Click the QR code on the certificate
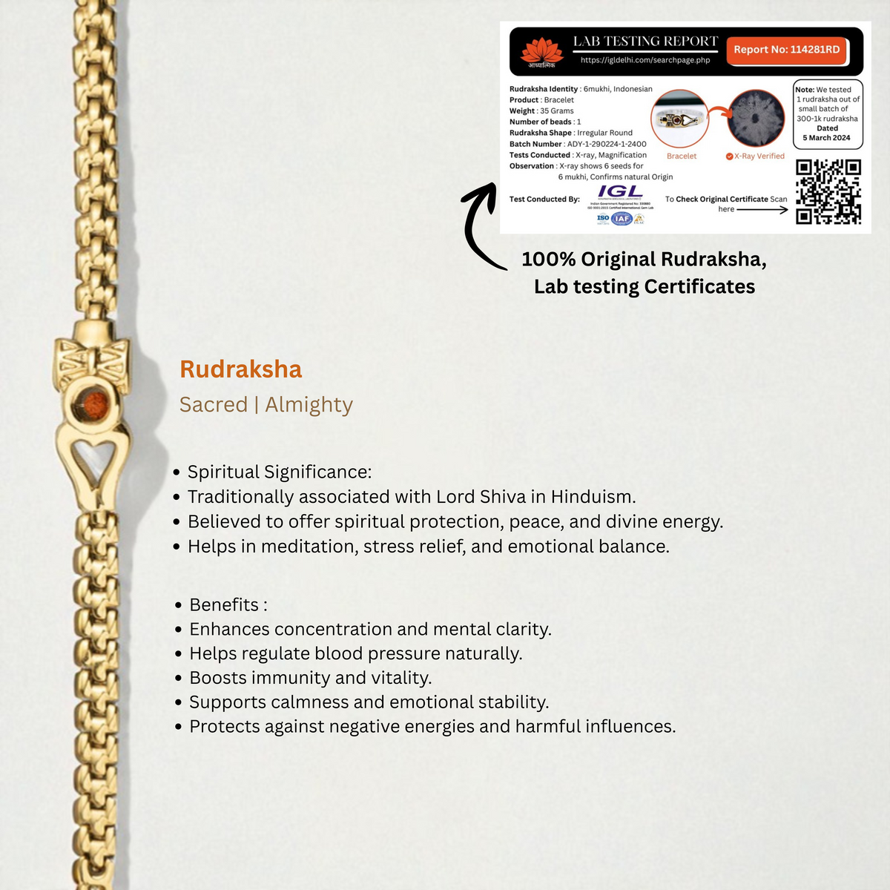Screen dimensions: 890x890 point(828,191)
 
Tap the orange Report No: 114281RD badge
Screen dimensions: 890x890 point(786,50)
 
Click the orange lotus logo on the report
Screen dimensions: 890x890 point(541,51)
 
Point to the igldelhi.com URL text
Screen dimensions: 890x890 point(645,60)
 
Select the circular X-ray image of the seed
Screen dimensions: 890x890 point(756,119)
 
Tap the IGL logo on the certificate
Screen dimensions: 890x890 point(620,192)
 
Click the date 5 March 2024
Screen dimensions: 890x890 point(826,138)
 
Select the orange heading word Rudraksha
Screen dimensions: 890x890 point(240,369)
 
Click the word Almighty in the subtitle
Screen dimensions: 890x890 point(309,405)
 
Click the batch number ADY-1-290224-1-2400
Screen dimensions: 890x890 point(607,144)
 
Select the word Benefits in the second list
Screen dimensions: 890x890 point(224,604)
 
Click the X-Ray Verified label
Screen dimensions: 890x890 point(759,156)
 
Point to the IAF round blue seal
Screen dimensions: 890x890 point(622,218)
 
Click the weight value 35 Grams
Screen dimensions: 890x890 point(556,111)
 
